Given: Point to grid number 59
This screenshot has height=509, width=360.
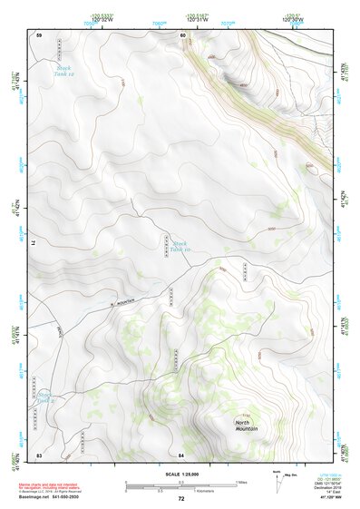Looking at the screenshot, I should pyautogui.click(x=39, y=34).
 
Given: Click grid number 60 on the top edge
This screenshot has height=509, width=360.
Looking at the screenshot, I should pyautogui.click(x=182, y=34).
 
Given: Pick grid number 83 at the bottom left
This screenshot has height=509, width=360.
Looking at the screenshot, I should pyautogui.click(x=39, y=454).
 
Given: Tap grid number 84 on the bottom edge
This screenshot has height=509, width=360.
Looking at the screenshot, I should pyautogui.click(x=181, y=454).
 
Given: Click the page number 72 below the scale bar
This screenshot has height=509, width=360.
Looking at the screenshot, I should pyautogui.click(x=181, y=499).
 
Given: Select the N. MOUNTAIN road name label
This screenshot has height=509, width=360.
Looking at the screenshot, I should pyautogui.click(x=122, y=300).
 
